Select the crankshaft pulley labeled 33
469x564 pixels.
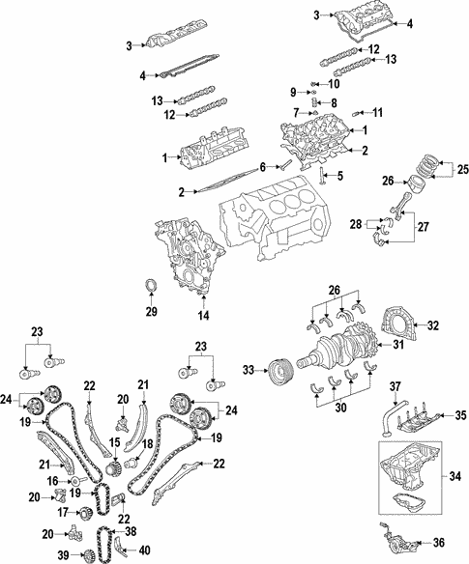point(279,370)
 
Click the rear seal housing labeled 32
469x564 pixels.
point(397,325)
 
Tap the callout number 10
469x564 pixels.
point(336,84)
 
